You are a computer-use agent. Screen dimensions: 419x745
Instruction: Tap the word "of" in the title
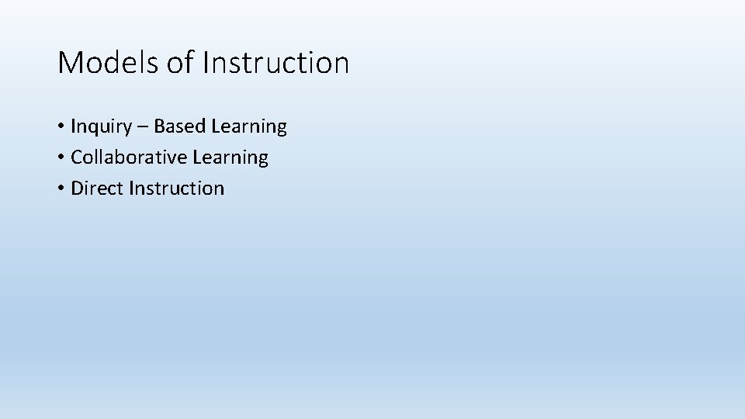pyautogui.click(x=179, y=63)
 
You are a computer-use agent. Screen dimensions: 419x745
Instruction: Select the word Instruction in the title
pyautogui.click(x=275, y=63)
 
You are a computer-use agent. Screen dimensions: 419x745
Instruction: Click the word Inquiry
pyautogui.click(x=101, y=126)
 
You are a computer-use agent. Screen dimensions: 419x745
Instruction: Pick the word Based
pyautogui.click(x=178, y=126)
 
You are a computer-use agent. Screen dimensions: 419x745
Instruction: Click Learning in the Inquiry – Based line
pyautogui.click(x=248, y=126)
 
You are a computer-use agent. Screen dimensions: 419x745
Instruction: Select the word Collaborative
pyautogui.click(x=129, y=158)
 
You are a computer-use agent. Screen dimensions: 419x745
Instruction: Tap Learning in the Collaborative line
pyautogui.click(x=230, y=158)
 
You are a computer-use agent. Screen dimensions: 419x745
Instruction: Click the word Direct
pyautogui.click(x=97, y=189)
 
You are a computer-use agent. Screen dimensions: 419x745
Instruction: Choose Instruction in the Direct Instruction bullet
pyautogui.click(x=177, y=189)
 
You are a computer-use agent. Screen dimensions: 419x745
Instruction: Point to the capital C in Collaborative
pyautogui.click(x=76, y=158)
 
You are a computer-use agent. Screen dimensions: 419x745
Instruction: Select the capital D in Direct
pyautogui.click(x=77, y=189)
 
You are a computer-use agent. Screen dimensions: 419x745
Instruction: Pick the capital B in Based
pyautogui.click(x=159, y=126)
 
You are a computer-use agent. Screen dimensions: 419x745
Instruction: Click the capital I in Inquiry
pyautogui.click(x=73, y=126)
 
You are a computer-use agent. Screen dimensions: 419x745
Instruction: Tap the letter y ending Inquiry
pyautogui.click(x=127, y=130)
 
